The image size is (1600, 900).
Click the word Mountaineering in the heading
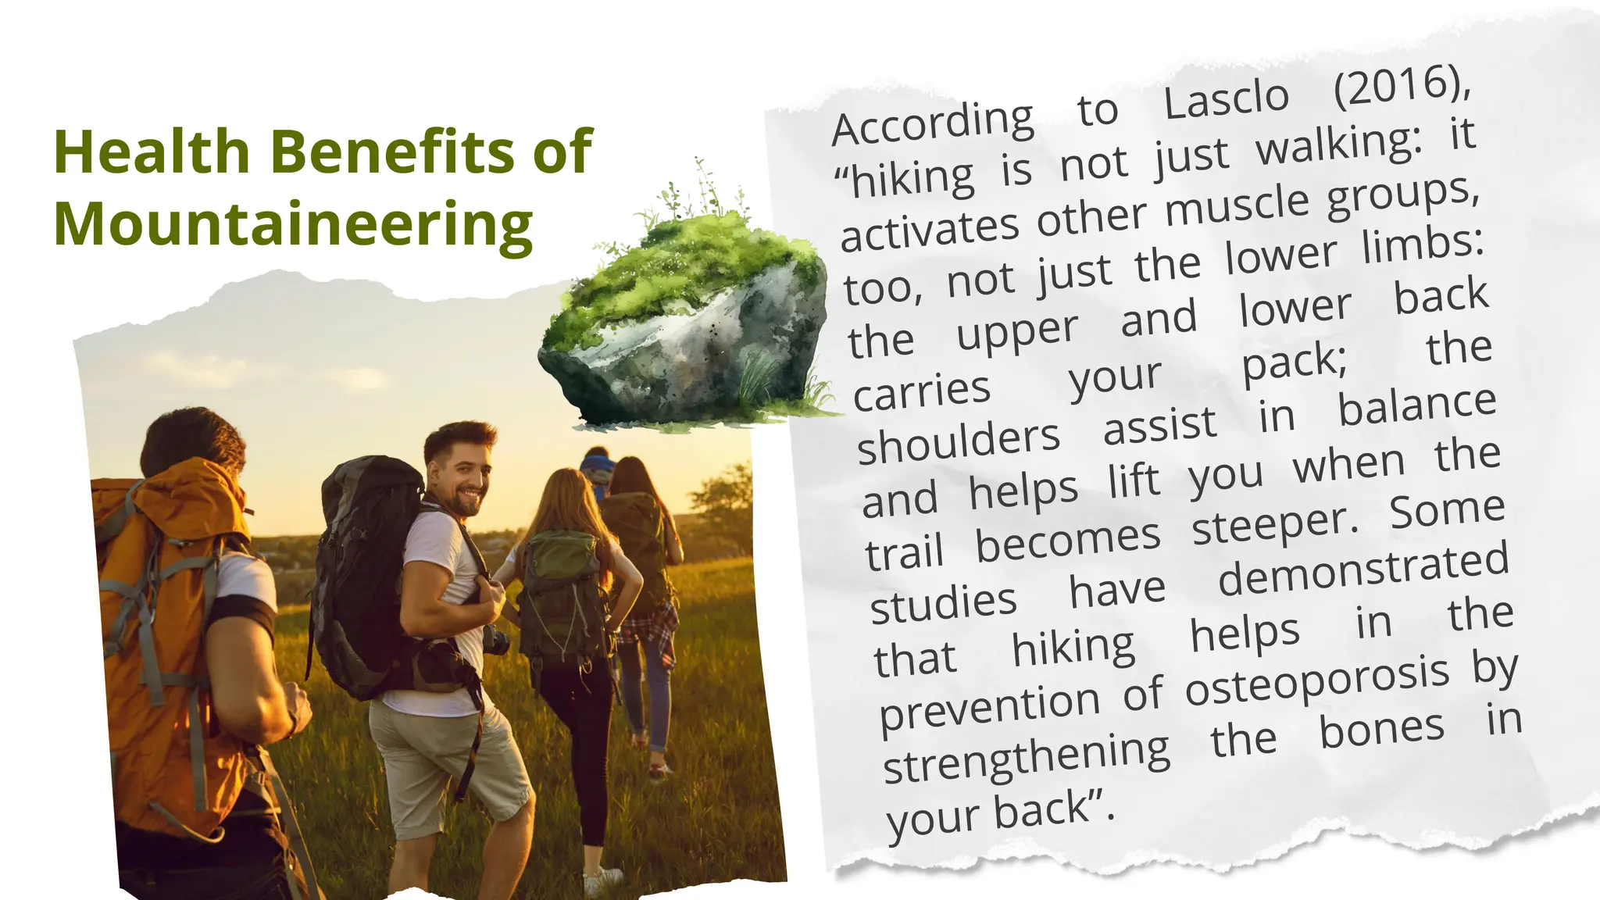pos(293,224)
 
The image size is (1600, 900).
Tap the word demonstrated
pos(1363,570)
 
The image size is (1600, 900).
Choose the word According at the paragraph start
pos(933,123)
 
